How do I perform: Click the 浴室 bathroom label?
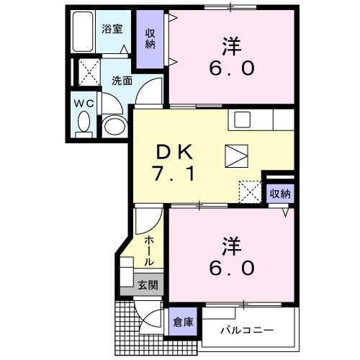pos(112,30)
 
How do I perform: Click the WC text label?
pos(84,104)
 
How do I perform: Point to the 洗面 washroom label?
pos(121,81)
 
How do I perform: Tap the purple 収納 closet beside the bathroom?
pos(150,38)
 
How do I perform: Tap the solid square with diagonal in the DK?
pos(235,156)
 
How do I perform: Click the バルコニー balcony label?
pos(246,330)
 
